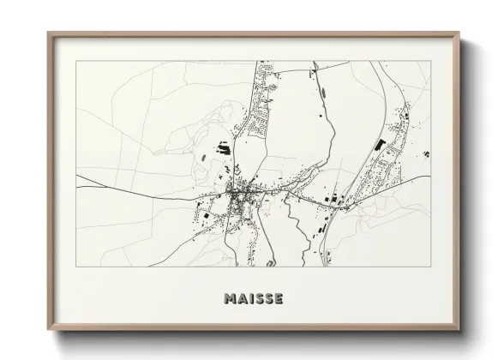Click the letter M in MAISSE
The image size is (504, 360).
[x=230, y=299]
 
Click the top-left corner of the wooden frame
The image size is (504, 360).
[x=48, y=33]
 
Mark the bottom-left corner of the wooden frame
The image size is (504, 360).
[x=48, y=331]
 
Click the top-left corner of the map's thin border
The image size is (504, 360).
[x=75, y=61]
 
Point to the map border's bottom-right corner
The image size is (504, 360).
[x=430, y=267]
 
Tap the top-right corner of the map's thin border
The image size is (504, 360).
[x=430, y=61]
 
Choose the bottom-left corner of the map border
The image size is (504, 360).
[x=75, y=267]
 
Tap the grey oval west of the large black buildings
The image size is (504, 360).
[x=203, y=158]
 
